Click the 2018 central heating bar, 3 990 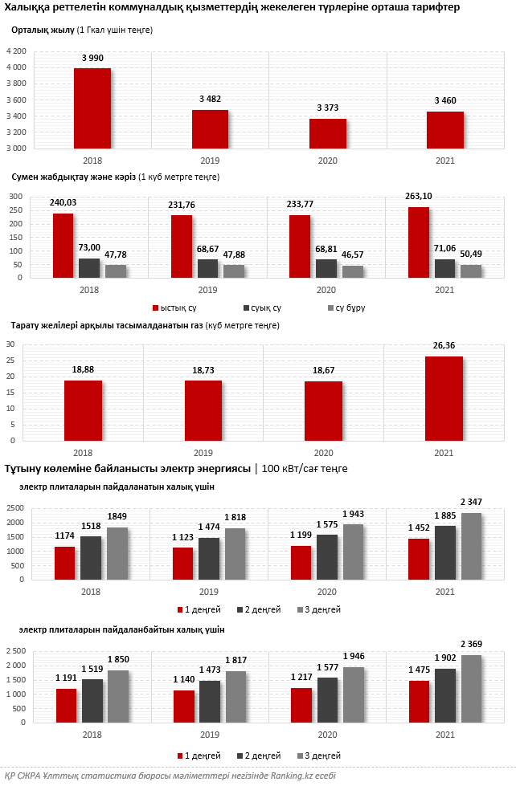(92, 108)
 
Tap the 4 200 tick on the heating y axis (16, 51)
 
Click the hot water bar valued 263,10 (418, 242)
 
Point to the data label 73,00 (89, 247)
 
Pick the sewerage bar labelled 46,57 (353, 271)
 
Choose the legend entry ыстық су (177, 308)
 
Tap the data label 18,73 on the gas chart (204, 369)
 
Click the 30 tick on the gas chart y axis (11, 344)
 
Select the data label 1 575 (327, 524)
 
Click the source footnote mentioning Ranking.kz (169, 776)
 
